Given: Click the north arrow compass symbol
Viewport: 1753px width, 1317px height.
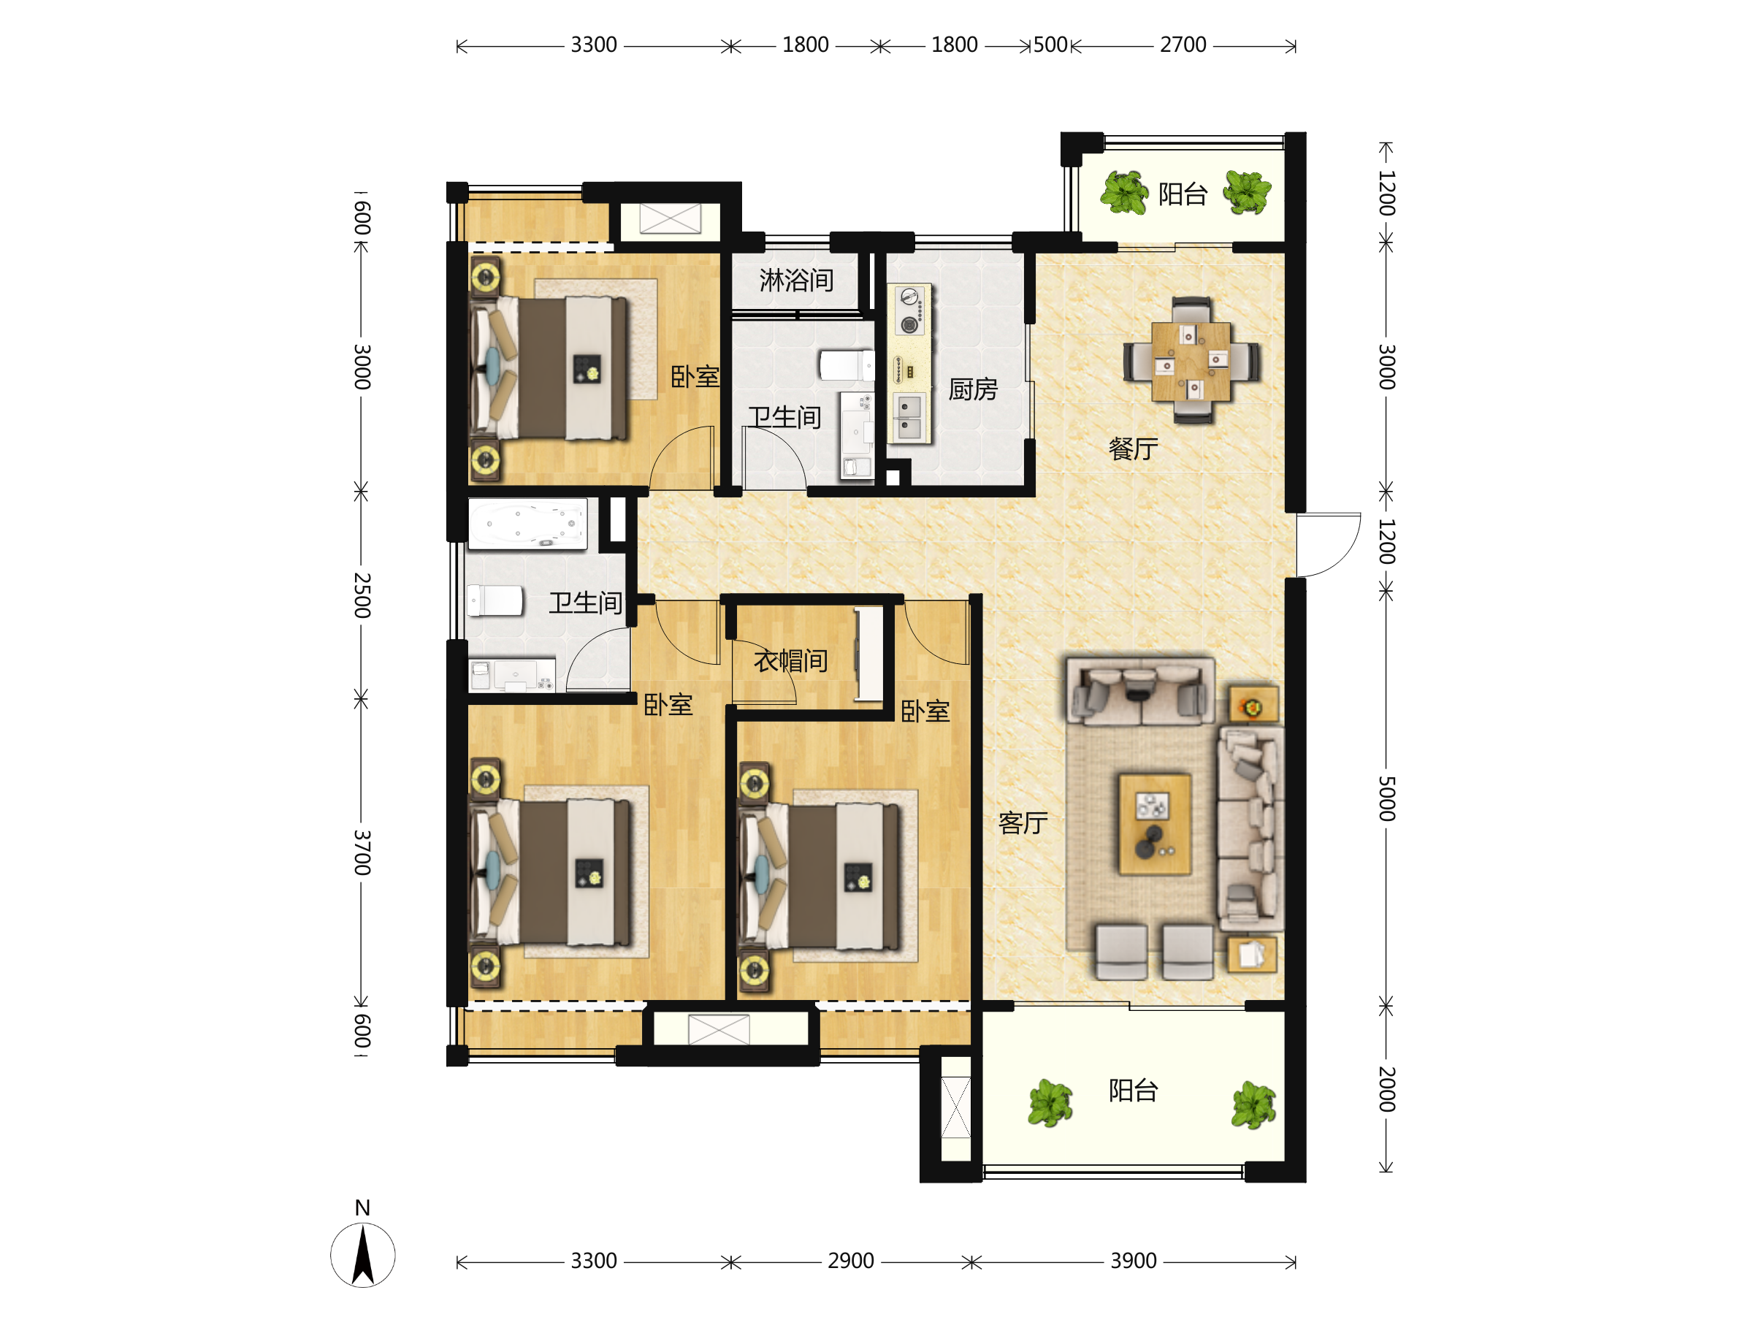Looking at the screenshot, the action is point(363,1255).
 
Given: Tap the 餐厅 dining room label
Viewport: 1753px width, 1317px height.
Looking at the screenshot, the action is point(1134,449).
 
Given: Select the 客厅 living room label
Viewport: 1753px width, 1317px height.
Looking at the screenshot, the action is point(1023,823).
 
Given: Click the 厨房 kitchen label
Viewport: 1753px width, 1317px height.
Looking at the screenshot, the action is point(973,389).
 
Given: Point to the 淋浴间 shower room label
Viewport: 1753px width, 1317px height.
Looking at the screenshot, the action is point(796,280).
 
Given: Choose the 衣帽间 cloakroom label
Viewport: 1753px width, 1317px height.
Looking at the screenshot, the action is point(791,661).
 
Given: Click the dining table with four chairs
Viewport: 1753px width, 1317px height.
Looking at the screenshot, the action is point(1191,361).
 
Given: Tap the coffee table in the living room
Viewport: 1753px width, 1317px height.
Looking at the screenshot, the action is point(1155,824).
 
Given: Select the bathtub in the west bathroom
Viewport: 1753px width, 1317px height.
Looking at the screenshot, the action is point(528,523).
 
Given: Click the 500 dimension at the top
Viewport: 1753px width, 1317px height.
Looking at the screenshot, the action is point(1051,45).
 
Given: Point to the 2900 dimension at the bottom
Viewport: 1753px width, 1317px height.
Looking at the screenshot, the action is point(850,1261).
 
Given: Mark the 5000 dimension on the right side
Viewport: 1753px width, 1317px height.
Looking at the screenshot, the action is point(1386,799).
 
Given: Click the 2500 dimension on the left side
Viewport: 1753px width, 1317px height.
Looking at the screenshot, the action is point(362,595).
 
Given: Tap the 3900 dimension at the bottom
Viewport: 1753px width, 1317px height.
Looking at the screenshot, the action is point(1134,1261).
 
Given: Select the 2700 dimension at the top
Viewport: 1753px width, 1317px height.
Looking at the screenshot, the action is point(1183,45).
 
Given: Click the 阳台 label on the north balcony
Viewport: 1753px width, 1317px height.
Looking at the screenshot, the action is point(1183,194).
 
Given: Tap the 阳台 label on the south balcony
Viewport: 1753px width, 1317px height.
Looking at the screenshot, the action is point(1134,1091).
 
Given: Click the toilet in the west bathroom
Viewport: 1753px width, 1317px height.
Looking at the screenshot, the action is point(495,600).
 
